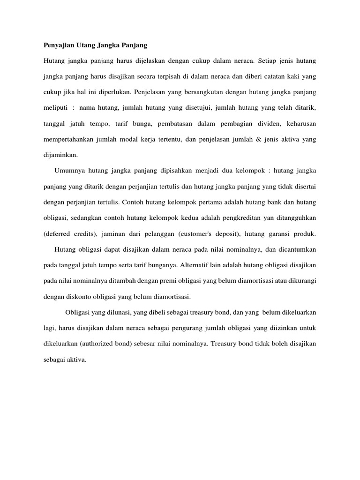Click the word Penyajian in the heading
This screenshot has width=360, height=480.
point(57,45)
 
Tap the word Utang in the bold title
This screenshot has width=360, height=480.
point(88,45)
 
